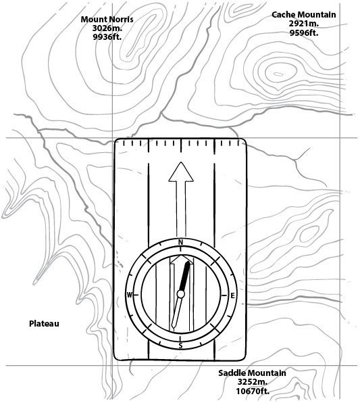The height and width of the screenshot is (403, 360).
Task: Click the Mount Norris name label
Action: click(107, 20)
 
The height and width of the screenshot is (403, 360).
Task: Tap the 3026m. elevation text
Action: click(107, 28)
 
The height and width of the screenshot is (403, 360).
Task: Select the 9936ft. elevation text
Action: click(107, 37)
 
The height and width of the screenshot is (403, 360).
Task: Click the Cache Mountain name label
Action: click(303, 15)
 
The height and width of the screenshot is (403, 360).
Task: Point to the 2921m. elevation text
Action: click(304, 24)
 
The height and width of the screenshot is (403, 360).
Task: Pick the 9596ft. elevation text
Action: click(304, 32)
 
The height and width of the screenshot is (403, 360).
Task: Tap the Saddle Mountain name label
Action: click(252, 373)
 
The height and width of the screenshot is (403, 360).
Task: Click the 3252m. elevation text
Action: click(253, 382)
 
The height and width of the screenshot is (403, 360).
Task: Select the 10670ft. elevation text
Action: click(253, 391)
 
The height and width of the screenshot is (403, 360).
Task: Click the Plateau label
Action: click(44, 324)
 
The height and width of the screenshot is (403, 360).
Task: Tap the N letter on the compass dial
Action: click(181, 242)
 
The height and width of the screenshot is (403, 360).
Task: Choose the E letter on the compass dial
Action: click(232, 295)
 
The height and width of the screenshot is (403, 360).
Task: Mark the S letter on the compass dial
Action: click(180, 346)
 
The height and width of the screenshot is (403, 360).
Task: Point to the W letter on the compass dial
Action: click(130, 295)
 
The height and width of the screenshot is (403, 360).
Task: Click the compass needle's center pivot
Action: click(181, 294)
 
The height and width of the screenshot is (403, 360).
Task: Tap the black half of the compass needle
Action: click(185, 276)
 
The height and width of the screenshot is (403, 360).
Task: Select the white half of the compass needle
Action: click(177, 312)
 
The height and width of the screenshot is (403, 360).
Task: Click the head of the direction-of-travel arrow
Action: click(181, 172)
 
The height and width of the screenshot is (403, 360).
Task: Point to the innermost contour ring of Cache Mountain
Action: click(278, 74)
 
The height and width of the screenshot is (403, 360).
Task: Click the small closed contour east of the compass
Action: click(309, 234)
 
